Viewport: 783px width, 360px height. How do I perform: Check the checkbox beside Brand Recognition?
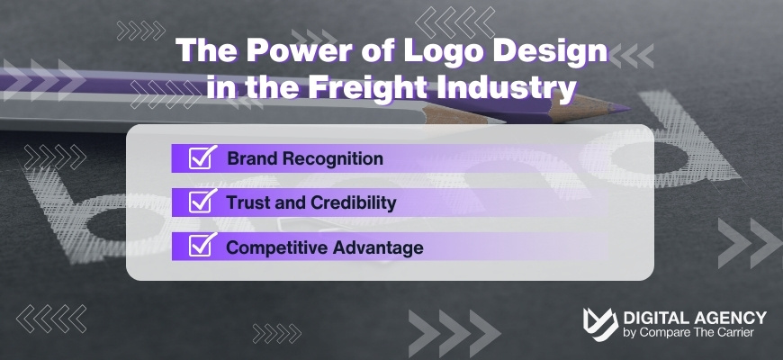coord(201,158)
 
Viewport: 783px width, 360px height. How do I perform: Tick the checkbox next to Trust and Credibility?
coord(201,202)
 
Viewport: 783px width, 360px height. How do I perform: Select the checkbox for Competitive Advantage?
coord(201,247)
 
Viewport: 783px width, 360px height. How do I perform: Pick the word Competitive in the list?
coord(269,247)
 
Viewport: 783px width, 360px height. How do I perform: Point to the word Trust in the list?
coord(247,202)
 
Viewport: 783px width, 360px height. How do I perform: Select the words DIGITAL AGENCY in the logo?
coord(695,318)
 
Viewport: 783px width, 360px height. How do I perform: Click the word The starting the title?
coord(202,52)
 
